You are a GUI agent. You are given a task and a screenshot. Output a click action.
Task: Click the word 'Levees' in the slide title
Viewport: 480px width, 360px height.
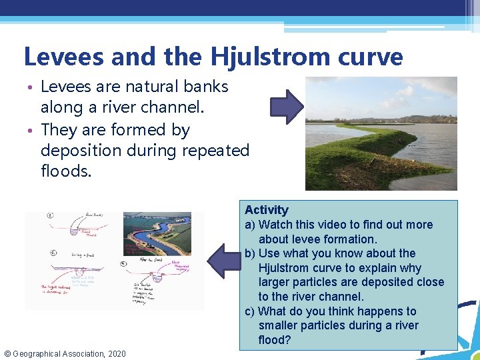click(x=63, y=57)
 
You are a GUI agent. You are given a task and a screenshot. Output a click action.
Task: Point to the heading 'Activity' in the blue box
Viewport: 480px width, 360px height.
click(x=267, y=210)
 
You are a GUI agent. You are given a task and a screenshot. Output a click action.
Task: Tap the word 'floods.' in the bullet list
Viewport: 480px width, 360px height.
click(x=65, y=172)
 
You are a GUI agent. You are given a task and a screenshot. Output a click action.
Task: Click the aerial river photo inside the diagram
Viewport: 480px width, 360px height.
click(x=158, y=233)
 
